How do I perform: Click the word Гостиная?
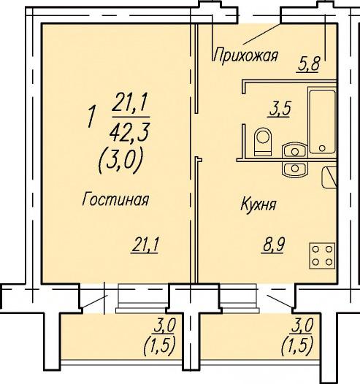coord(115,199)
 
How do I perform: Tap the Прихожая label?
coord(245,55)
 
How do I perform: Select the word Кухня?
coord(258,204)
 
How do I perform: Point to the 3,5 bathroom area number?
coord(280,109)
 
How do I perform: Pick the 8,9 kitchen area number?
coord(274,245)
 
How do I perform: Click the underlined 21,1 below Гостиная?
coord(145,245)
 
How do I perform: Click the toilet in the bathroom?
coord(264,142)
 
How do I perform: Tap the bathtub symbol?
coord(322,121)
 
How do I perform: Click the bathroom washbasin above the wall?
coord(294,150)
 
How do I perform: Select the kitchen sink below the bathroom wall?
coord(295,169)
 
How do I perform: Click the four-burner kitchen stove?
coord(322,256)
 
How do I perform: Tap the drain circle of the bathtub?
coord(322,148)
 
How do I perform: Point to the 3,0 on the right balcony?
coord(302,326)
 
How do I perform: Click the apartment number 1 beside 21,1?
coord(91,117)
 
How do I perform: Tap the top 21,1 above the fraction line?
coord(130,101)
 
